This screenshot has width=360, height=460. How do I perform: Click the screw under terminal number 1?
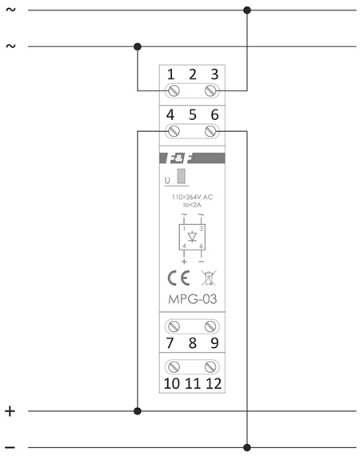click(x=174, y=90)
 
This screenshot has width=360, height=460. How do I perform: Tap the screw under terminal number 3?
click(x=210, y=90)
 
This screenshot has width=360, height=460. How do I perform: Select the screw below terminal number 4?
click(x=174, y=131)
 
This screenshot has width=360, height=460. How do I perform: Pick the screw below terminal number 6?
click(x=210, y=131)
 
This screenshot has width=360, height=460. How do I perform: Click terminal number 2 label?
click(x=193, y=74)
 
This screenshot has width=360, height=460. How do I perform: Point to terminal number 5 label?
click(x=193, y=115)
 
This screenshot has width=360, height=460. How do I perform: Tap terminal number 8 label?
click(x=193, y=343)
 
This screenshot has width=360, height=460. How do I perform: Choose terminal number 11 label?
click(x=193, y=383)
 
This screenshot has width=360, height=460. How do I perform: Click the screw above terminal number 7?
click(x=174, y=326)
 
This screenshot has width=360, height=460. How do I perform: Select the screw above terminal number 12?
click(x=210, y=366)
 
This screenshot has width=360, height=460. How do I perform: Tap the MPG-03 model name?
click(x=193, y=299)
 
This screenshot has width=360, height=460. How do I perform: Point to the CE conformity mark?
click(x=178, y=278)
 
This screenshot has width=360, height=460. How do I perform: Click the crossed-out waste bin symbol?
click(x=209, y=278)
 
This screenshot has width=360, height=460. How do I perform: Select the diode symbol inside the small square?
click(x=193, y=237)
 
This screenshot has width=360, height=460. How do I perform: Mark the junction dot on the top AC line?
click(x=247, y=10)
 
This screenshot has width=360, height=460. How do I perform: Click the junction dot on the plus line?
click(x=138, y=411)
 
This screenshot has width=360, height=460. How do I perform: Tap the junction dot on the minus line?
click(x=247, y=447)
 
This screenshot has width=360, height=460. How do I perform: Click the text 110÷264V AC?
click(x=193, y=197)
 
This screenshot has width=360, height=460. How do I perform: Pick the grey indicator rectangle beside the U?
click(x=181, y=176)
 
